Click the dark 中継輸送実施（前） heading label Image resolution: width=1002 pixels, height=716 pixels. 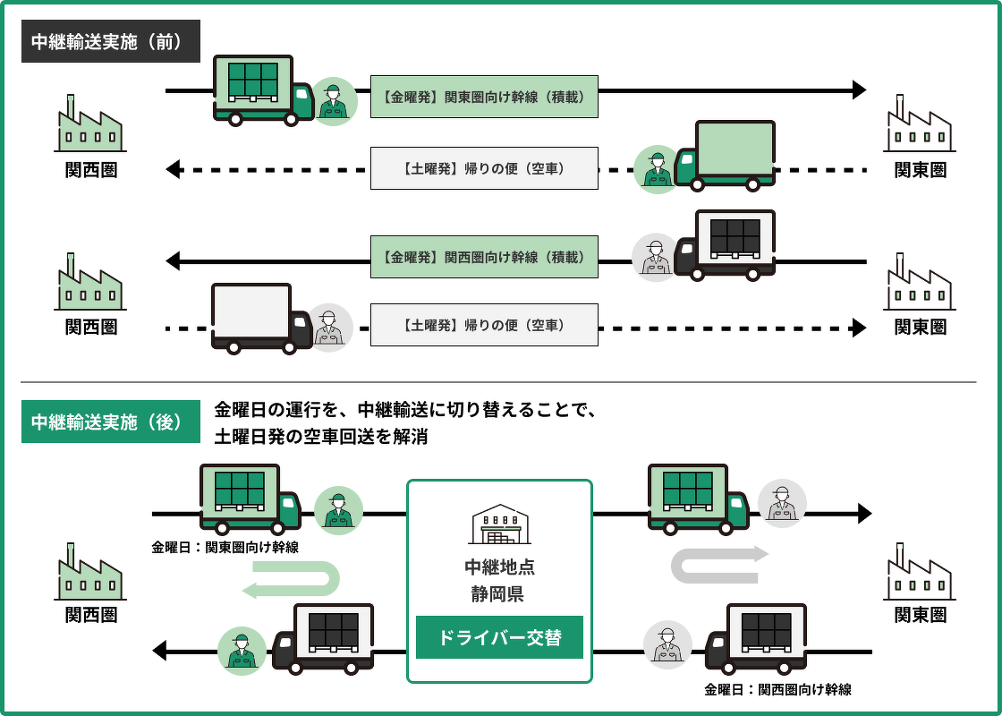pos(111,42)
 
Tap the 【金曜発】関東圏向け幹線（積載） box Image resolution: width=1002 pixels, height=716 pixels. pos(484,97)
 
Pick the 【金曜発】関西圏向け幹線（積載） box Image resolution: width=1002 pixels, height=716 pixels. pos(484,256)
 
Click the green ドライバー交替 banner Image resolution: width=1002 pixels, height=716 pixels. pos(499,637)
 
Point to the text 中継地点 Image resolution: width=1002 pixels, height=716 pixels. pos(499,567)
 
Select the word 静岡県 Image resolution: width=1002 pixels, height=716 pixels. pos(499,593)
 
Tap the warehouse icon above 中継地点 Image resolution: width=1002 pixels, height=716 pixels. pos(499,524)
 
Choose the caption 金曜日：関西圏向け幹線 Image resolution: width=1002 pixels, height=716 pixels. pos(777,689)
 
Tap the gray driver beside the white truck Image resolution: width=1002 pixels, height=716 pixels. pos(329,327)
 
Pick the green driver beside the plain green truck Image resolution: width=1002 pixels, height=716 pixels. pos(658,169)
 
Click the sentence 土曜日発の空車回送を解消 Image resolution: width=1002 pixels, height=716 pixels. pos(320,437)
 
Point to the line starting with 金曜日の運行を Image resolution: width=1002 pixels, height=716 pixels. pos(404,410)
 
